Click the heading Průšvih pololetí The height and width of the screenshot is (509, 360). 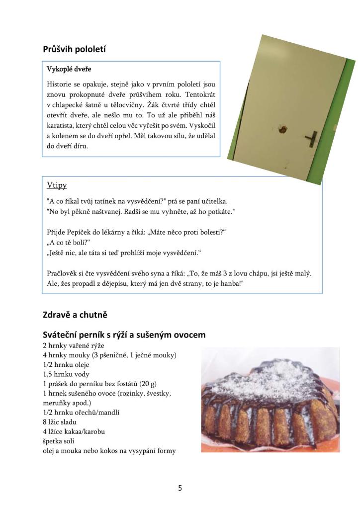click(x=75, y=49)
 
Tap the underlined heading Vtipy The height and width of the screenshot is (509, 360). click(x=57, y=185)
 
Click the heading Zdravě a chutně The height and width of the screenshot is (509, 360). click(x=75, y=314)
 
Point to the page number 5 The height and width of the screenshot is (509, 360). click(x=180, y=488)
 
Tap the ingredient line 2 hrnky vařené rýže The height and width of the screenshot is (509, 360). click(x=74, y=345)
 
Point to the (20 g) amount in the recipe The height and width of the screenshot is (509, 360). click(x=148, y=383)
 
